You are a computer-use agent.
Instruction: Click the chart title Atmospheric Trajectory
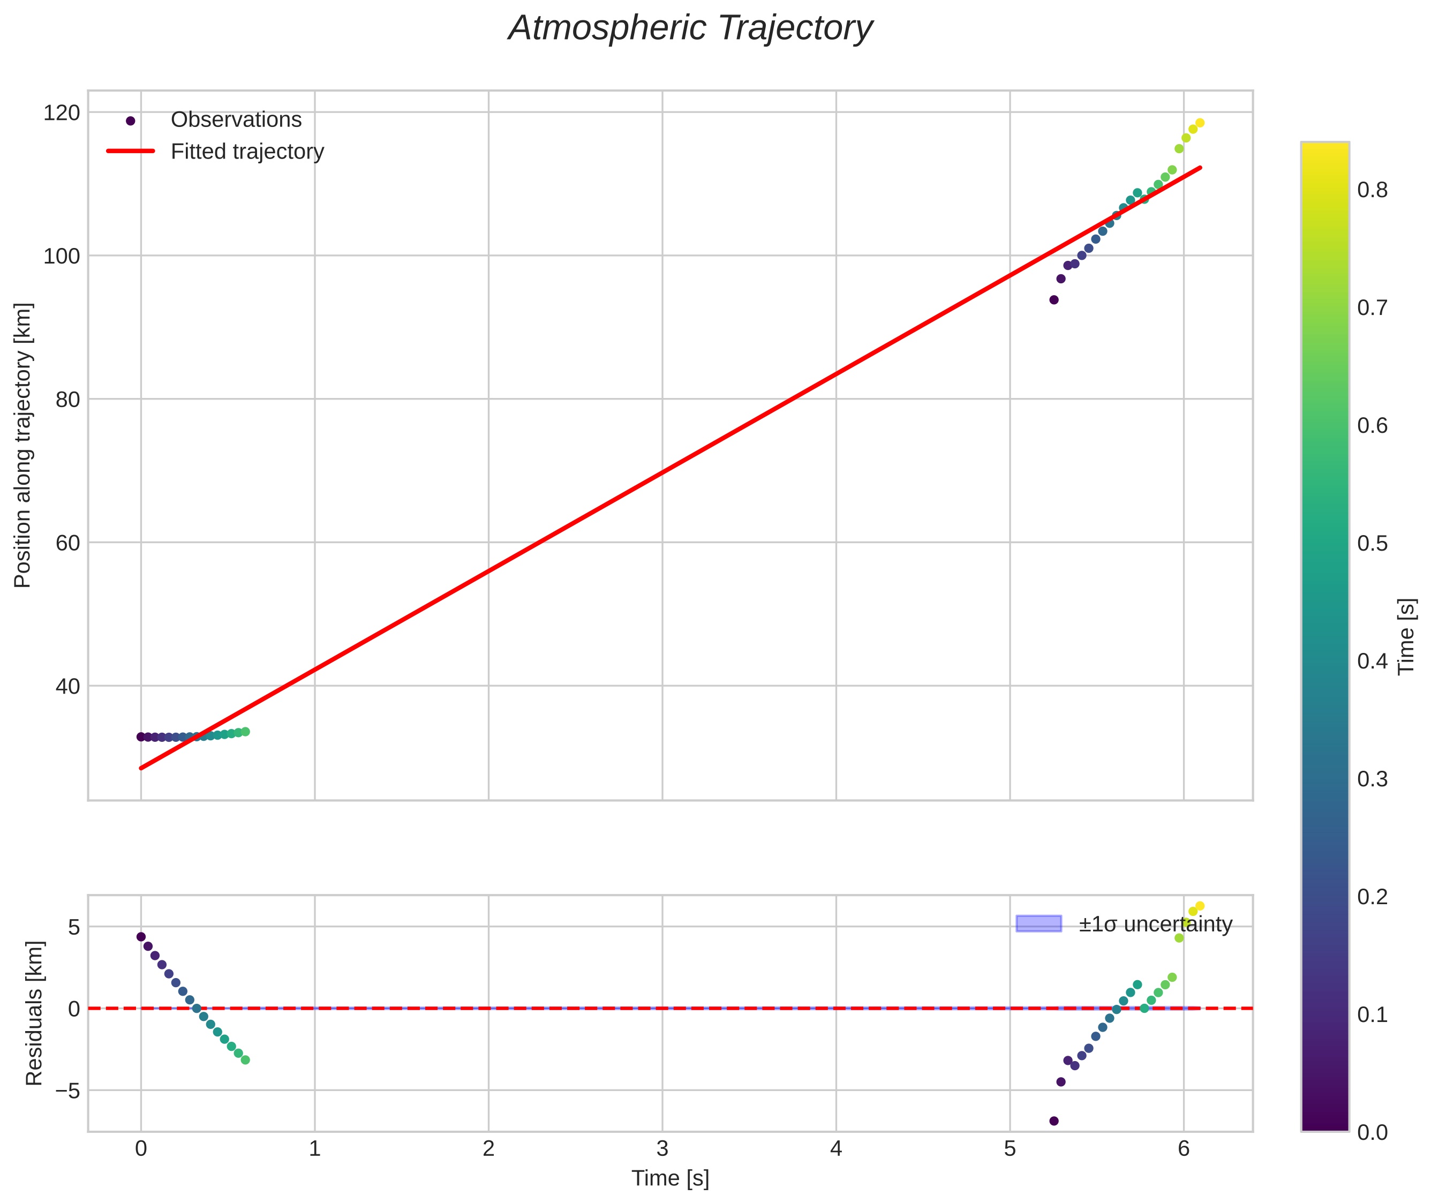pyautogui.click(x=690, y=28)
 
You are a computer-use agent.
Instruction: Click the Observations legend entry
pyautogui.click(x=235, y=120)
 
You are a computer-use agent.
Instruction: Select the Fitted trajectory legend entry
pyautogui.click(x=247, y=152)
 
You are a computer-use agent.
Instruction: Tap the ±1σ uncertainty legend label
pyautogui.click(x=1155, y=925)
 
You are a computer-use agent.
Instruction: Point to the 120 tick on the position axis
pyautogui.click(x=62, y=112)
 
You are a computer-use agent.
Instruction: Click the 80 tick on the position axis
pyautogui.click(x=67, y=400)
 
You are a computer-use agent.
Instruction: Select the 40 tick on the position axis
pyautogui.click(x=67, y=686)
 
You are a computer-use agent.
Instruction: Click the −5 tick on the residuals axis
pyautogui.click(x=67, y=1091)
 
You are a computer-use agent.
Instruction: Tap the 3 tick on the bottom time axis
pyautogui.click(x=662, y=1149)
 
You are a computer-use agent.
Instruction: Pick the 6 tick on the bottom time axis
pyautogui.click(x=1184, y=1149)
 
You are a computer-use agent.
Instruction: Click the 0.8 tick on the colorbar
pyautogui.click(x=1372, y=190)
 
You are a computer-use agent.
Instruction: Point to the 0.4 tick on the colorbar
pyautogui.click(x=1372, y=661)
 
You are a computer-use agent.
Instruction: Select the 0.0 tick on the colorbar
pyautogui.click(x=1372, y=1132)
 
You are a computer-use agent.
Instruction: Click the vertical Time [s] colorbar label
pyautogui.click(x=1406, y=636)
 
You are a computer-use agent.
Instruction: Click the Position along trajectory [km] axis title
pyautogui.click(x=22, y=445)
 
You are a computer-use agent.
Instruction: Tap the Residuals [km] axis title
pyautogui.click(x=34, y=1013)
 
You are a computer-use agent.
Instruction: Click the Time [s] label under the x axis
pyautogui.click(x=670, y=1178)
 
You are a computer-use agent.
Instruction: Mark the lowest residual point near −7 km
pyautogui.click(x=1054, y=1121)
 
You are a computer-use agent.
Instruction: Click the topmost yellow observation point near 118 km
pyautogui.click(x=1200, y=123)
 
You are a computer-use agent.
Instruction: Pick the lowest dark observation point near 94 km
pyautogui.click(x=1054, y=300)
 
